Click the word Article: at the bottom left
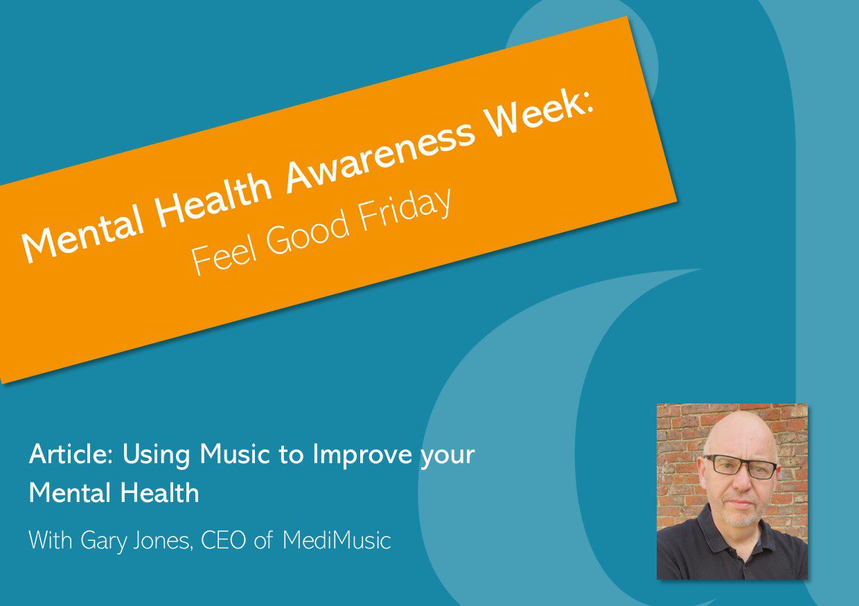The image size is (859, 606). coord(71,454)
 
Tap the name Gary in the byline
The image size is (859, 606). coord(103,542)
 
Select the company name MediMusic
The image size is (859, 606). coord(337,540)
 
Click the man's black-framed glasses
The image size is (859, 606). coord(740,467)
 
